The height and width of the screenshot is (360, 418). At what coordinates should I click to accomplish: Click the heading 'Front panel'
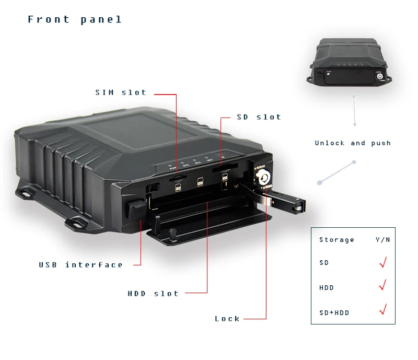point(75,20)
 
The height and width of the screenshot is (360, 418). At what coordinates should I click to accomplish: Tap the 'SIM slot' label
point(121,92)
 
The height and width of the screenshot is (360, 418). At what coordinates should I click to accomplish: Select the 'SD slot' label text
point(259,117)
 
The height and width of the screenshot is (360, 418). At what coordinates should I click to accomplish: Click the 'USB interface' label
point(80,265)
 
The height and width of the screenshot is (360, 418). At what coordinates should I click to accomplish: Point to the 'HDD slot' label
point(153,294)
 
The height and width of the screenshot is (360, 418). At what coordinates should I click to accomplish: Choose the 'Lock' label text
point(227,319)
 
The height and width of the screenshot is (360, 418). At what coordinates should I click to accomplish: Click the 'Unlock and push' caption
point(353,143)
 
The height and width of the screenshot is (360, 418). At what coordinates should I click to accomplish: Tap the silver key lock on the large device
point(263,178)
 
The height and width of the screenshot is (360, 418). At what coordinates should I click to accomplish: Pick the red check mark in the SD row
point(382,262)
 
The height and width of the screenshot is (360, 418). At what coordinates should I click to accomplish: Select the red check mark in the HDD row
point(382,285)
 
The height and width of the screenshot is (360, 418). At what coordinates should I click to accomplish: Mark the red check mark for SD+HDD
point(382,309)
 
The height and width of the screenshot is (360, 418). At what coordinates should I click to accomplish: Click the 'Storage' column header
point(336,240)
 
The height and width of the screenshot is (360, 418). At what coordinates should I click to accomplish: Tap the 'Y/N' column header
point(382,240)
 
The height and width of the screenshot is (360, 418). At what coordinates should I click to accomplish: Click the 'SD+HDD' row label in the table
point(334,312)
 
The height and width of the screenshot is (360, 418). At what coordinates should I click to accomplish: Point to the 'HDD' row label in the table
point(326,288)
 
